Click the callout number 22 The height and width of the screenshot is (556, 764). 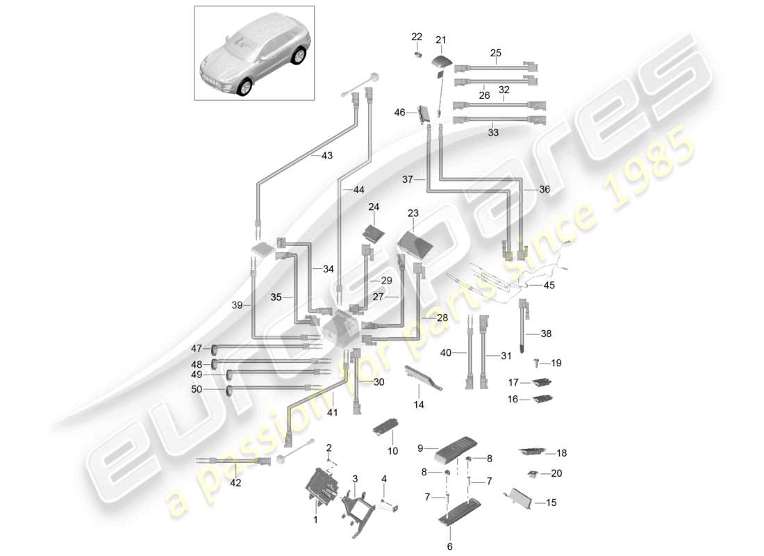click(416, 36)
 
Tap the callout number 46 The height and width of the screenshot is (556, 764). click(399, 111)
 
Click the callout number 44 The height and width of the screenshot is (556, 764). click(358, 190)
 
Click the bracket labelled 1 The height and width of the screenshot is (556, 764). click(320, 486)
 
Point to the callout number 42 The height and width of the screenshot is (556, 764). click(235, 483)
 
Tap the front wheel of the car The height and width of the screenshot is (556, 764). click(244, 88)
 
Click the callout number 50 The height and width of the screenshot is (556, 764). click(197, 389)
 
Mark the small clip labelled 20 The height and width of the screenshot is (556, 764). click(533, 473)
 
